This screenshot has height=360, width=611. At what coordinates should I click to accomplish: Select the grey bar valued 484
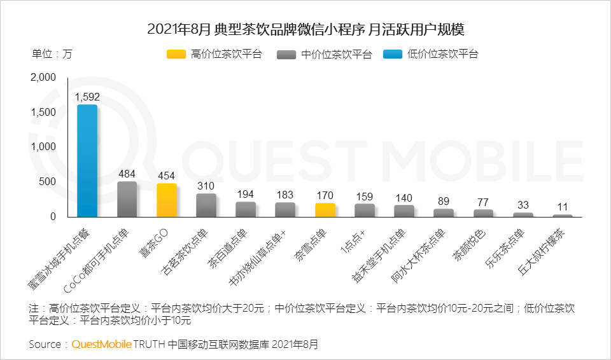click(127, 199)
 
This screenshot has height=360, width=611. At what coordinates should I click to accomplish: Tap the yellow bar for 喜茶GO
click(167, 200)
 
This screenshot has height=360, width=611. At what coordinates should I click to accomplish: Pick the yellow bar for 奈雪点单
click(325, 210)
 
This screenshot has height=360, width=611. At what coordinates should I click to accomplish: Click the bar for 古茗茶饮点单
click(206, 205)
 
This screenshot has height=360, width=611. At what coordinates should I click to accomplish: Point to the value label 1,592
click(87, 97)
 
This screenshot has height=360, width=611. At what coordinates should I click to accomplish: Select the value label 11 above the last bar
click(563, 207)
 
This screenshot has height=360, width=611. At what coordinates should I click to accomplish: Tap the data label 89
click(444, 201)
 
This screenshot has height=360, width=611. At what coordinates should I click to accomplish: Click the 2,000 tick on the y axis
click(43, 78)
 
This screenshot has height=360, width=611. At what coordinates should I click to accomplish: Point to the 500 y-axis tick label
click(48, 182)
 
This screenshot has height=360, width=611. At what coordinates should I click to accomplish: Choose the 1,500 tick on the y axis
click(43, 113)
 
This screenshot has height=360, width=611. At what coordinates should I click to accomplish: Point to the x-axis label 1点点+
click(353, 241)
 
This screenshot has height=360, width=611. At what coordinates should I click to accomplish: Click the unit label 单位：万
click(52, 54)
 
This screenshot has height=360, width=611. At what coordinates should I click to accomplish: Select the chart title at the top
click(305, 29)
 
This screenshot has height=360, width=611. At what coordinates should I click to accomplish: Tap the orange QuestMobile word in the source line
click(101, 344)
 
